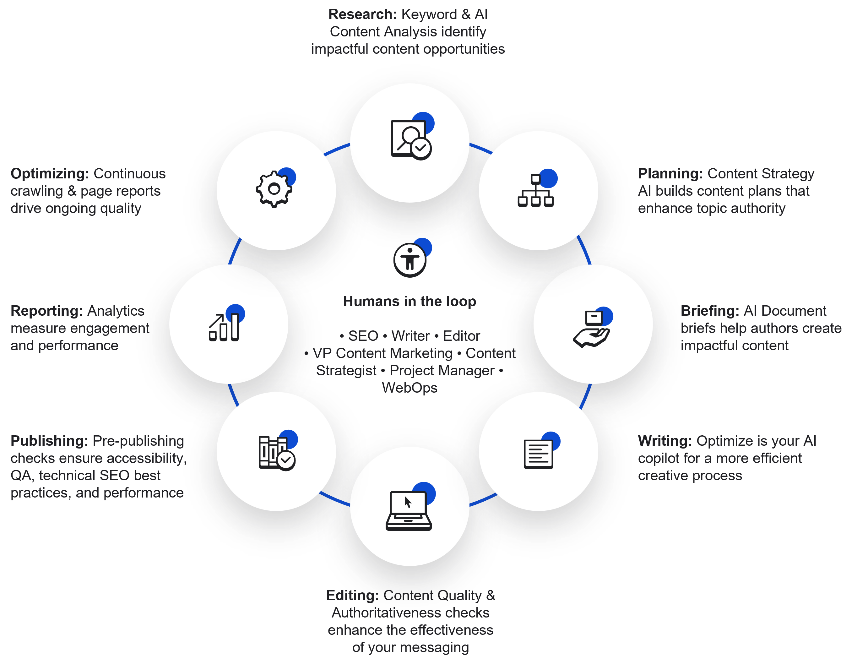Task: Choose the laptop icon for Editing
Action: (410, 507)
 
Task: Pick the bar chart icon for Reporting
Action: (226, 323)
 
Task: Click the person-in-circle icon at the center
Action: (412, 258)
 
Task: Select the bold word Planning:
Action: (670, 174)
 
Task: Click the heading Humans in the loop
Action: (410, 302)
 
